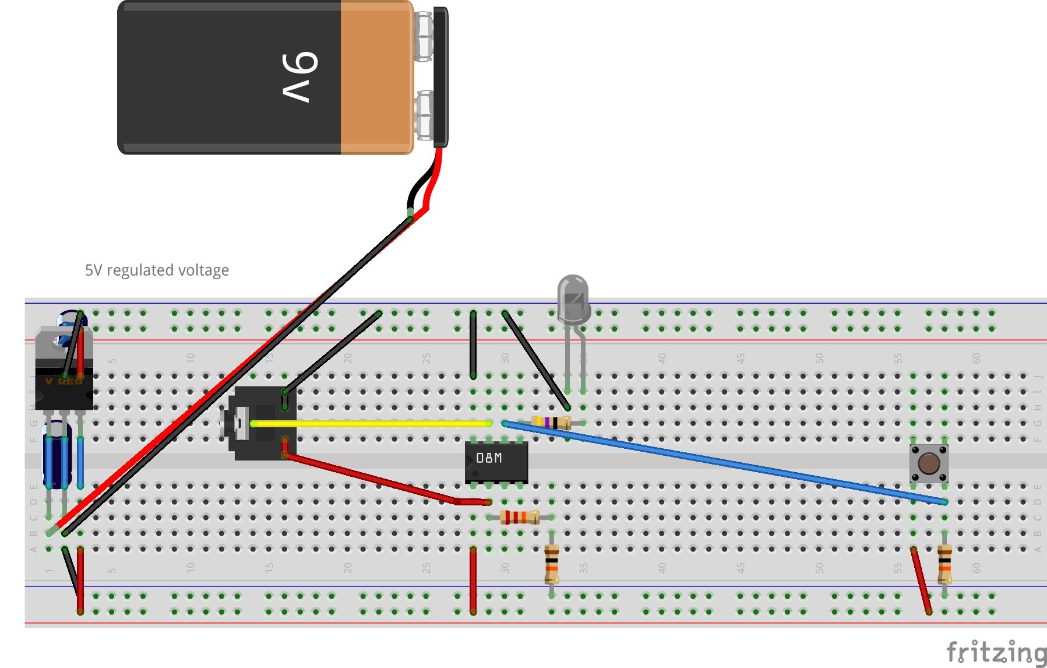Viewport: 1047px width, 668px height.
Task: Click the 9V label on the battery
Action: pos(299,77)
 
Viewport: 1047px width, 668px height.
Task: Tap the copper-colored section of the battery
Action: pos(376,77)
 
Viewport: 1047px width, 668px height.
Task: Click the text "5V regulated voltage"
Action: pos(157,270)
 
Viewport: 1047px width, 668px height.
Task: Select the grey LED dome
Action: pos(573,297)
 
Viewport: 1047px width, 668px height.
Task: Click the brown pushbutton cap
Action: pos(928,463)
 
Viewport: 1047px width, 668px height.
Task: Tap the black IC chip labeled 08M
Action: pos(496,461)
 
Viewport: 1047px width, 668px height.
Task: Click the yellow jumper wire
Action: pos(373,424)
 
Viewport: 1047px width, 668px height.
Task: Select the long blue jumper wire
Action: pos(722,462)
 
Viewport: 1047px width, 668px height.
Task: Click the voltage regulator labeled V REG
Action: pos(63,382)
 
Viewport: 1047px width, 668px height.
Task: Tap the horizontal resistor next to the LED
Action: pos(551,423)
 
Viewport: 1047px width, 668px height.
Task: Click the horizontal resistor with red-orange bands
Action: pos(520,517)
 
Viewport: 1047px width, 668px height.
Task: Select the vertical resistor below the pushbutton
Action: pos(944,564)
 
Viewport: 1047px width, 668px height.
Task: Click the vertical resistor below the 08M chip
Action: pos(551,564)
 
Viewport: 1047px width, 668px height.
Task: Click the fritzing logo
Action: pos(995,652)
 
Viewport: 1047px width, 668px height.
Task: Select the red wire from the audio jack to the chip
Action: pos(373,479)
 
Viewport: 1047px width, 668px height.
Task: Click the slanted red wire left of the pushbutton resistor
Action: pos(921,580)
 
